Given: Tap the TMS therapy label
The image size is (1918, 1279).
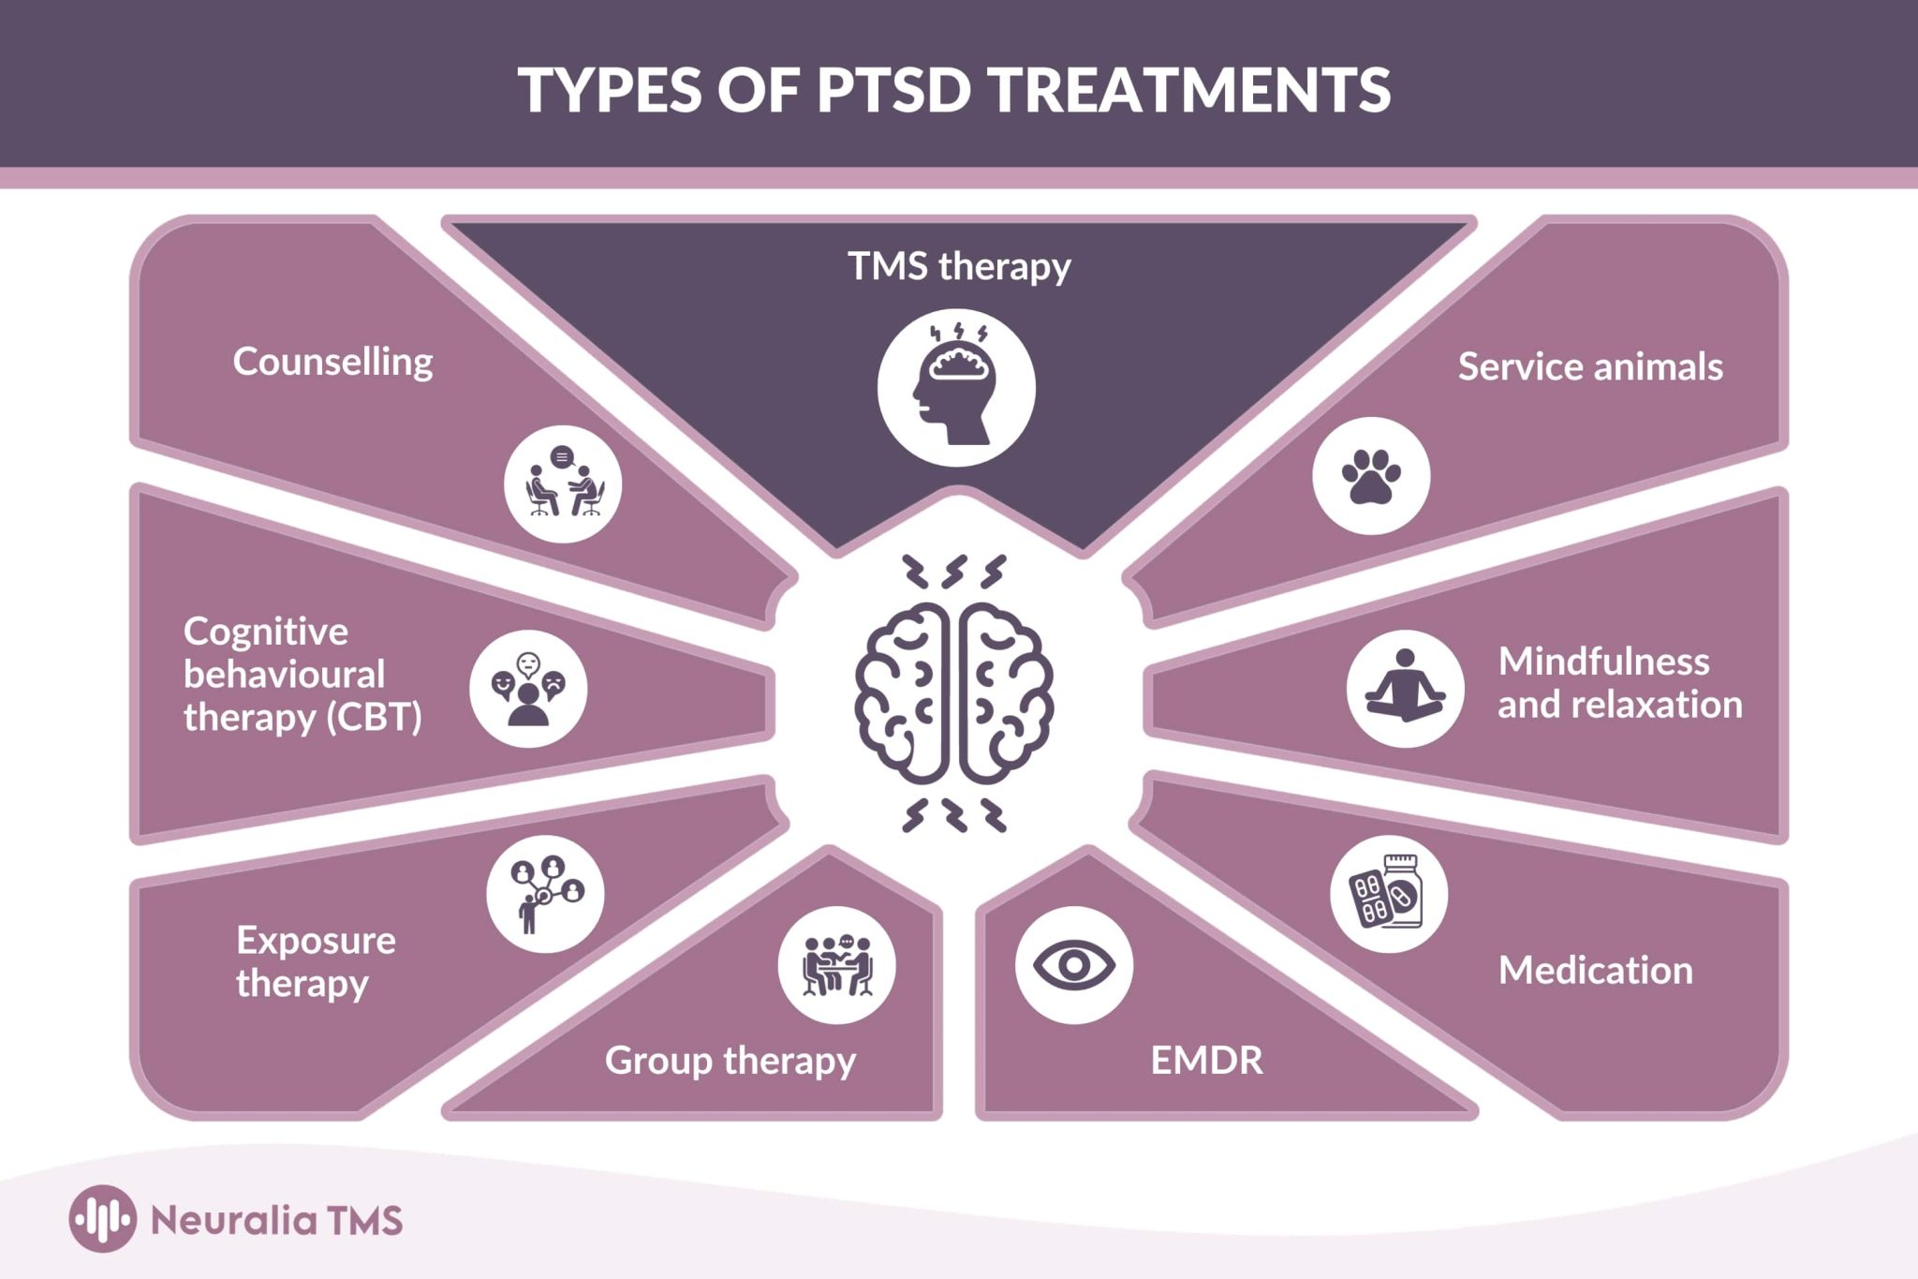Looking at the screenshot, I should click(x=959, y=266).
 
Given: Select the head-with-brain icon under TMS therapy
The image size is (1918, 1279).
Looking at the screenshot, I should click(x=956, y=388).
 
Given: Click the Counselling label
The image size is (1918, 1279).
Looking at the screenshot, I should click(x=332, y=362).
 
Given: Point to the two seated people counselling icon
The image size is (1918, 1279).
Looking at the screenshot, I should click(x=563, y=484).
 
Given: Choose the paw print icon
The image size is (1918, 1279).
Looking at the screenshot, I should click(x=1371, y=476).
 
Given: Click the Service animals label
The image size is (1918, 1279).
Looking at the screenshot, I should click(x=1590, y=366).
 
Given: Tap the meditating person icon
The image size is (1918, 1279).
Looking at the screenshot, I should click(x=1405, y=689).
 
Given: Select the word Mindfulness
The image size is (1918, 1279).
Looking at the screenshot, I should click(x=1603, y=662).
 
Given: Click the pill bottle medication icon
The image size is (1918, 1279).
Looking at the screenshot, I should click(x=1389, y=894).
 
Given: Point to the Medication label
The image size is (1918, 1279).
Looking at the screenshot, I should click(x=1595, y=970).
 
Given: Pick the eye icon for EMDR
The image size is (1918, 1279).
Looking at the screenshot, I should click(x=1074, y=965).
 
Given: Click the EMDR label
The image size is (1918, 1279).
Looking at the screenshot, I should click(x=1206, y=1061).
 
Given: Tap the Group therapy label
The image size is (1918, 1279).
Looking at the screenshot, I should click(x=730, y=1061).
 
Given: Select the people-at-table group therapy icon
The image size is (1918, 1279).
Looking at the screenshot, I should click(x=836, y=965).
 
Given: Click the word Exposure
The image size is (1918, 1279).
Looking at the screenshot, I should click(x=316, y=940).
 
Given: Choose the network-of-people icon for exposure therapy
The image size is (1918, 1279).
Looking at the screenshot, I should click(x=545, y=894).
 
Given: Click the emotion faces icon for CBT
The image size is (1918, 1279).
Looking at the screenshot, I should click(x=528, y=689).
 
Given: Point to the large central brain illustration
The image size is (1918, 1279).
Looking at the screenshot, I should click(x=954, y=693).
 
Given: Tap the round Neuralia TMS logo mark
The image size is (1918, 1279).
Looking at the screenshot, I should click(x=103, y=1219).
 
